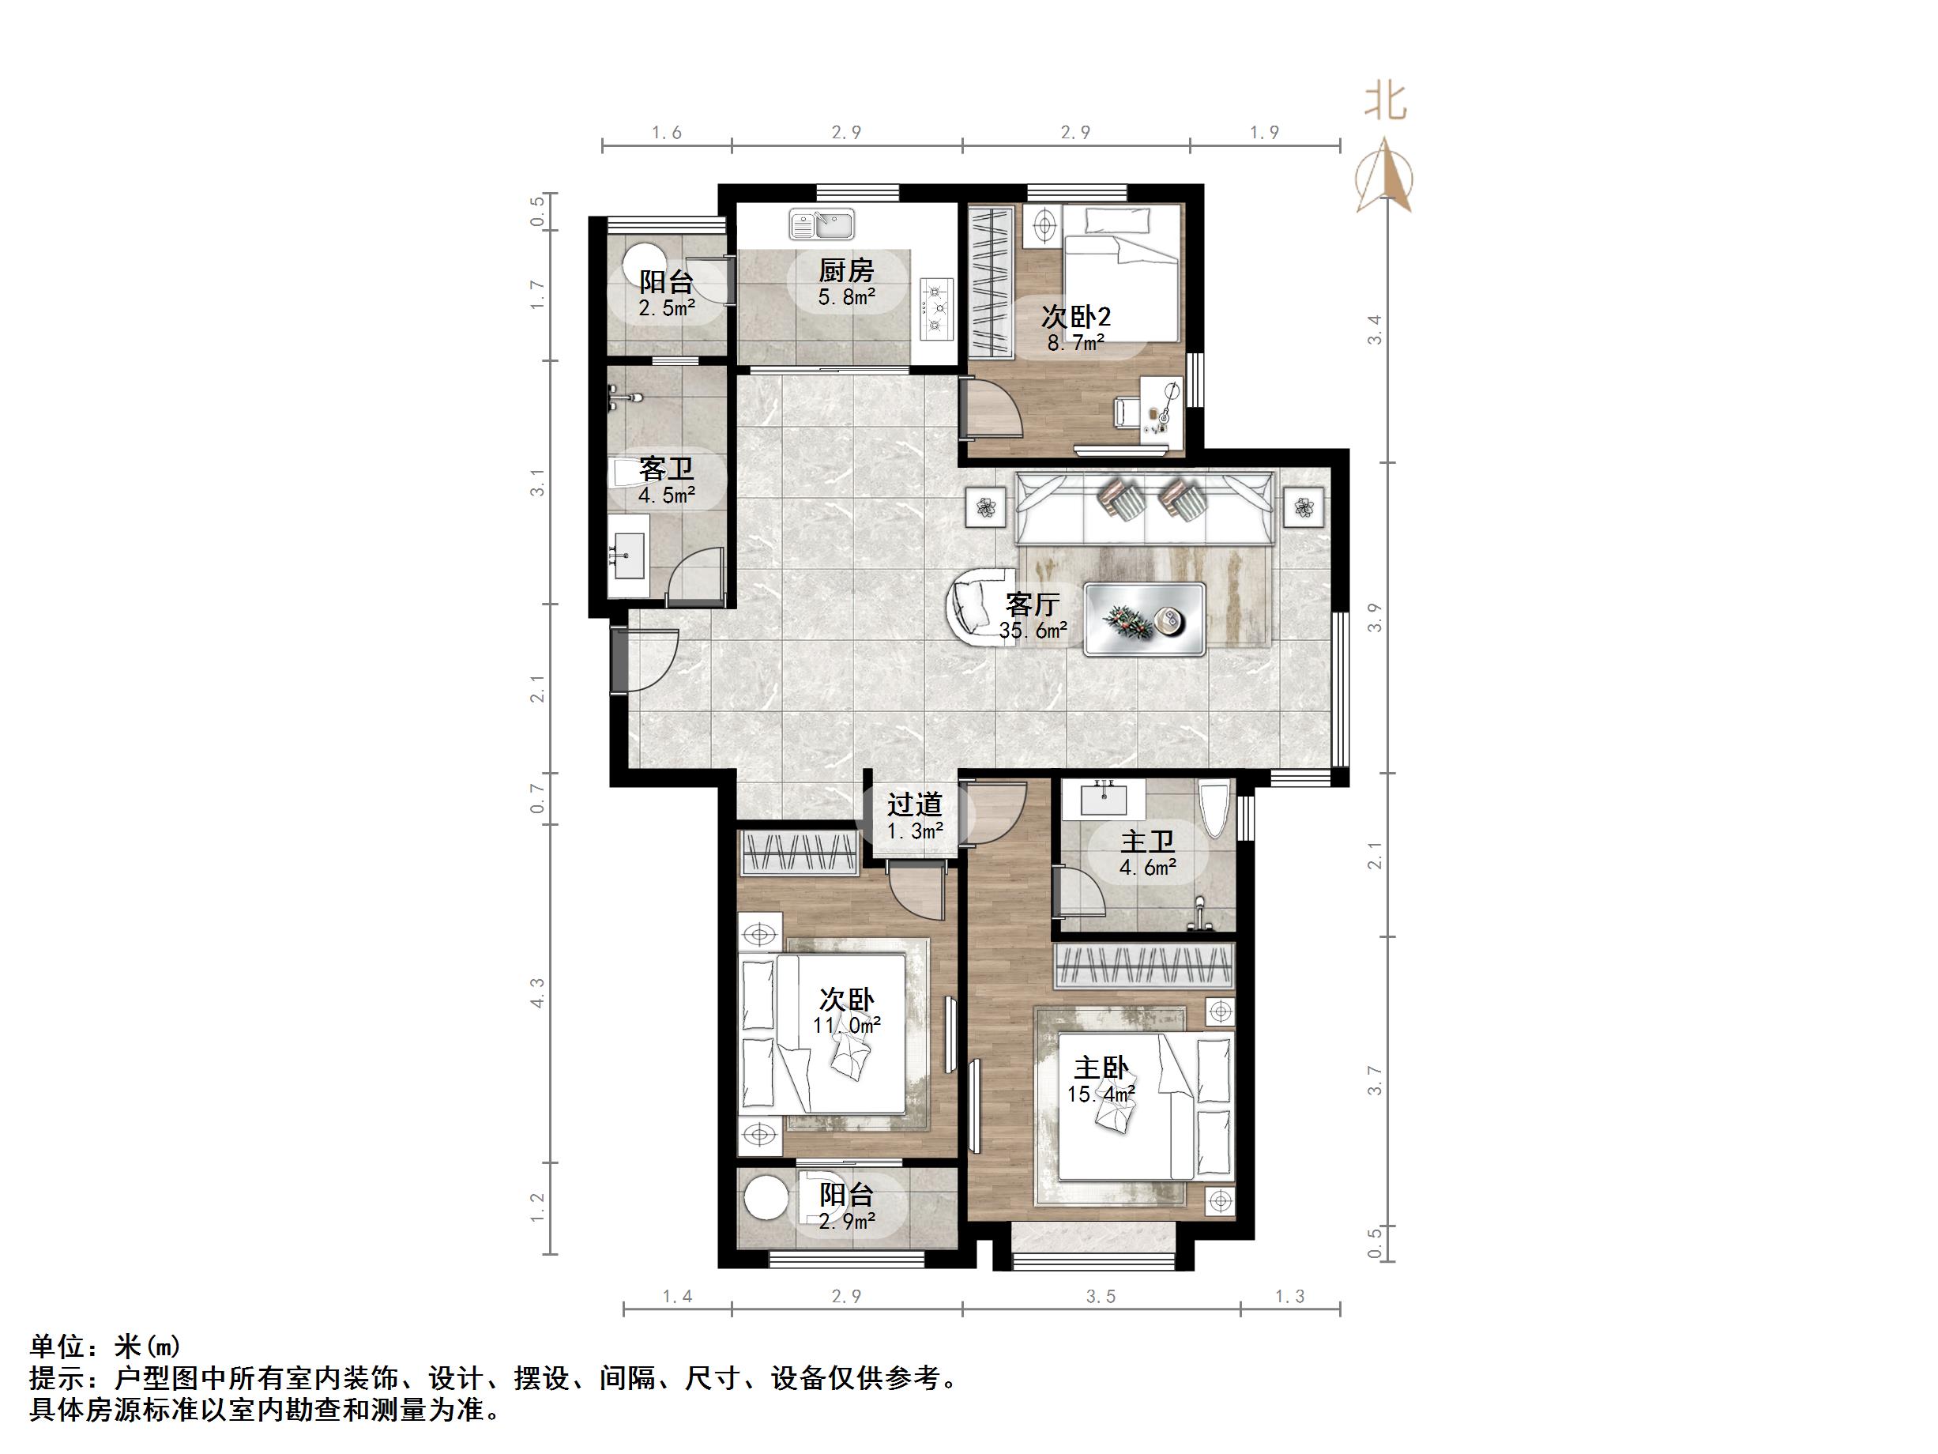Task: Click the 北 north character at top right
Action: tap(1385, 102)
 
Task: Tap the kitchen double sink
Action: tap(822, 224)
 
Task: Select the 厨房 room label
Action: tap(845, 270)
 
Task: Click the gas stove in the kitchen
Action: tap(936, 308)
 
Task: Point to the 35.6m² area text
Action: tap(1033, 630)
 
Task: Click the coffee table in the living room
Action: tap(1144, 619)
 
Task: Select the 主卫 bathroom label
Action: tap(1147, 842)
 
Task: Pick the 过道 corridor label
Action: tap(914, 804)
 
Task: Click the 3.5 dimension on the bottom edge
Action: tap(1101, 1296)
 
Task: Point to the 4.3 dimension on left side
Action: tap(537, 993)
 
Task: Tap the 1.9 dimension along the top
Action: tap(1264, 132)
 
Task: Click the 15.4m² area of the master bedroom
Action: tap(1101, 1094)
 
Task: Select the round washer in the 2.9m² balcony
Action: tap(766, 1197)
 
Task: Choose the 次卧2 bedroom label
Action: tap(1075, 316)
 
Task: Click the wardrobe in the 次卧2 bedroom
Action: tap(990, 281)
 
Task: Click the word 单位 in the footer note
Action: tap(58, 1345)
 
